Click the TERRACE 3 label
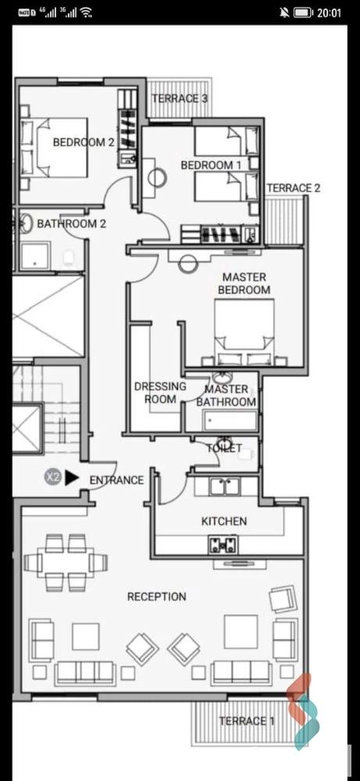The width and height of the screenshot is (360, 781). (180, 98)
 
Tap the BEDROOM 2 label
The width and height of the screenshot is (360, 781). (83, 142)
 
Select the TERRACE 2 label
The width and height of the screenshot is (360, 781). (294, 187)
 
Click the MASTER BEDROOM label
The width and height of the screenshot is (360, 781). (244, 284)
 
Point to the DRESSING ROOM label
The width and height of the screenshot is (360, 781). (160, 393)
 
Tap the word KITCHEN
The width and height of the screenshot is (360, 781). (223, 521)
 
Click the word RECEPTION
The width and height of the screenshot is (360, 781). (156, 596)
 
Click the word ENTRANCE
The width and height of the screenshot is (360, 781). (116, 480)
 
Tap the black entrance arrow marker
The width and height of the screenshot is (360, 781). (72, 478)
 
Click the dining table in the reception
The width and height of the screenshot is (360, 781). (66, 562)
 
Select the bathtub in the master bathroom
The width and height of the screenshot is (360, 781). (230, 421)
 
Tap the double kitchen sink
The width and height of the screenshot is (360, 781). (225, 486)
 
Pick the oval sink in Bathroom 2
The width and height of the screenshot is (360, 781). (27, 223)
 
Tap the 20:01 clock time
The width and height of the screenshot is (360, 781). (330, 13)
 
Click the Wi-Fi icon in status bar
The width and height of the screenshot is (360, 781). (86, 13)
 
